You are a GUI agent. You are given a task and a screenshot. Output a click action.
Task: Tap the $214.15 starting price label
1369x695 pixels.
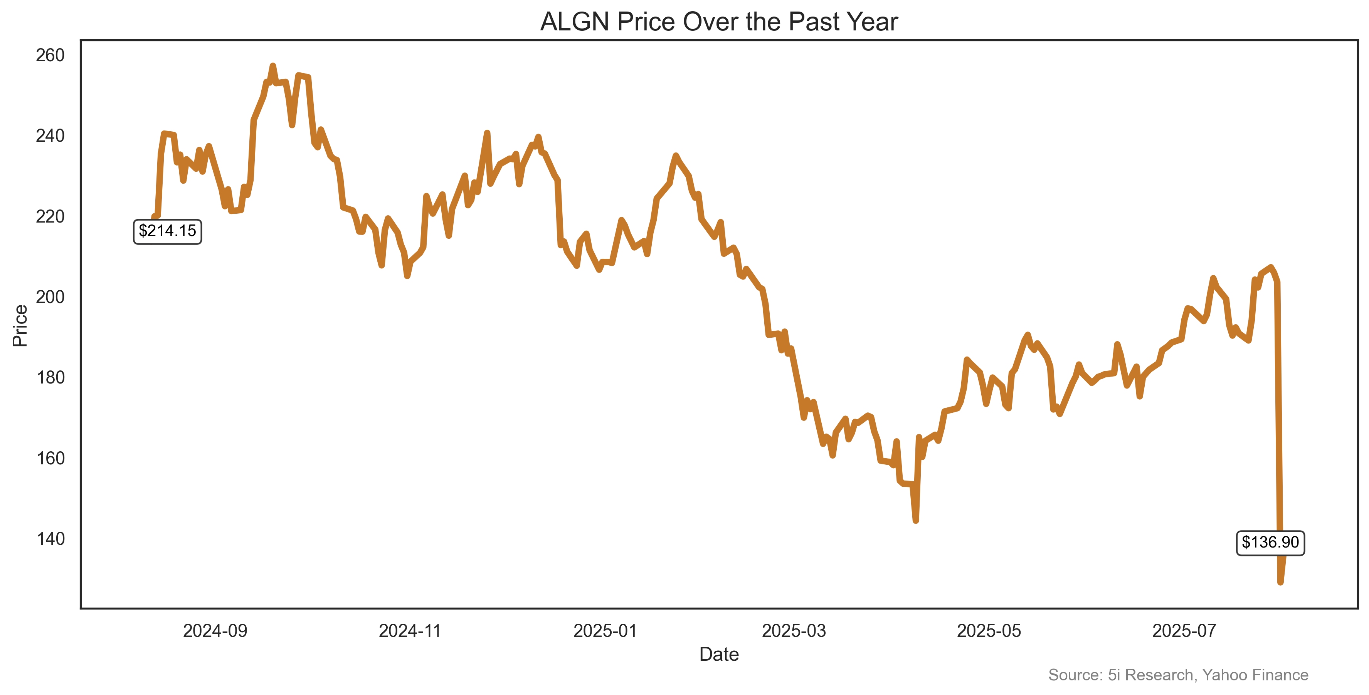167,231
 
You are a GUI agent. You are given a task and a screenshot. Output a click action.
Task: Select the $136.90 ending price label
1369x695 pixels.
1270,542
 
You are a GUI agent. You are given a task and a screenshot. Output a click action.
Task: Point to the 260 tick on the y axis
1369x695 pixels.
50,55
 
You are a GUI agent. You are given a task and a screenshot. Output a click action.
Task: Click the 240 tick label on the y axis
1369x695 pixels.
50,136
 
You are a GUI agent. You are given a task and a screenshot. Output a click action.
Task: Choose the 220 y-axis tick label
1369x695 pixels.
50,217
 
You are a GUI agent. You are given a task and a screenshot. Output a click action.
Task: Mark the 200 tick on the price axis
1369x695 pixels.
50,297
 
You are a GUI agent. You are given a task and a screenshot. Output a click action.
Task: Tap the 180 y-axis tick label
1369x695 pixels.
50,377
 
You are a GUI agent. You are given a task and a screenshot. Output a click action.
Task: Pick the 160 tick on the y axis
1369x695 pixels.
50,458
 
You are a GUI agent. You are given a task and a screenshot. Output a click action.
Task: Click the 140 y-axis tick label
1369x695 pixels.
50,539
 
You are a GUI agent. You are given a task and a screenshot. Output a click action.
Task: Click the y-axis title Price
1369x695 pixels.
20,325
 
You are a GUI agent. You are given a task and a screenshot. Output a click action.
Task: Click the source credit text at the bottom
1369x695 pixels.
1178,675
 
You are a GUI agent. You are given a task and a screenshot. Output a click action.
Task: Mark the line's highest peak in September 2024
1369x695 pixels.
272,66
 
